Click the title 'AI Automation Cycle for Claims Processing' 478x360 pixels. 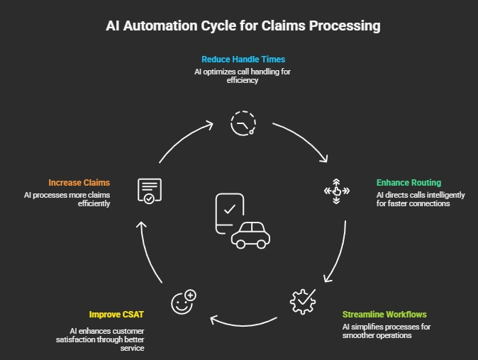(243, 26)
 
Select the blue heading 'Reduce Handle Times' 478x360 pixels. (243, 59)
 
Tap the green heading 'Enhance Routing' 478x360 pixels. (408, 182)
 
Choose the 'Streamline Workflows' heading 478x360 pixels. (384, 315)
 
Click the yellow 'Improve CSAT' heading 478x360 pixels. (116, 315)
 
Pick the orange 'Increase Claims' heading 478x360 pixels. (79, 182)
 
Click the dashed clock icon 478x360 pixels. (243, 123)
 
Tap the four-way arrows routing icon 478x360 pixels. (337, 191)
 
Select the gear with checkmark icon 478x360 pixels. (303, 301)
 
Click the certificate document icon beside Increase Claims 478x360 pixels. (150, 191)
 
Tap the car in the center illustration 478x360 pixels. (250, 235)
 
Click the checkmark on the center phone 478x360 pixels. (230, 209)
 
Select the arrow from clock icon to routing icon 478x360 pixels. (304, 139)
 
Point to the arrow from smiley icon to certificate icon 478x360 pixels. (148, 252)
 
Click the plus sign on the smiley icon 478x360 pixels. (191, 295)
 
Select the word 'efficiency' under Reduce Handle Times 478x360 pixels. (243, 80)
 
